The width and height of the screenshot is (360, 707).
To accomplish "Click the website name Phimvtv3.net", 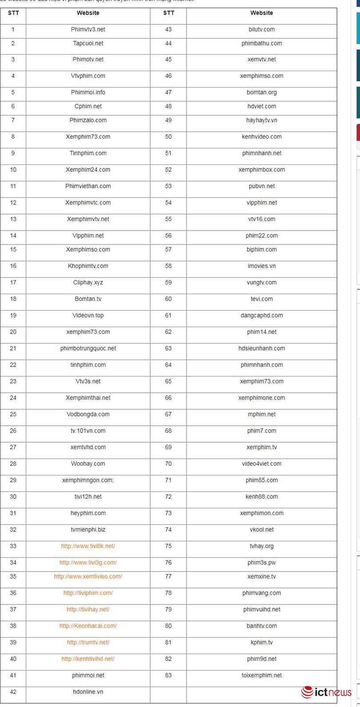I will (88, 29).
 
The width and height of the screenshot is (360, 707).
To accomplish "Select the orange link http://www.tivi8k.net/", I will (88, 546).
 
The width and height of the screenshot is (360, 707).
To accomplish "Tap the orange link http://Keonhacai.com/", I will (88, 626).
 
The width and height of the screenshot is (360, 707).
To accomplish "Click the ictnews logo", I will (326, 692).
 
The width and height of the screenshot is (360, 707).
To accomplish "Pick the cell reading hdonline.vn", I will (88, 692).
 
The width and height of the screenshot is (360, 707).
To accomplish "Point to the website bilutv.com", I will (261, 29).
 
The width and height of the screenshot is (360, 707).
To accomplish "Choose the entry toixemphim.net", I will (261, 675).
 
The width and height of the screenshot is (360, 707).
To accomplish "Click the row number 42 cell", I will (13, 692).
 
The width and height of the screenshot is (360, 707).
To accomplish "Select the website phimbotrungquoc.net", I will (88, 348).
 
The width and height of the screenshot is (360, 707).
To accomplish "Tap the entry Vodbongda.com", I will (88, 414).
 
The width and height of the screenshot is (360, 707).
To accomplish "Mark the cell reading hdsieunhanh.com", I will (261, 348).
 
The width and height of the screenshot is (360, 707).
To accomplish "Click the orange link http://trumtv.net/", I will (88, 642).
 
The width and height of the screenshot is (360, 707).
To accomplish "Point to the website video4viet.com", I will (261, 463).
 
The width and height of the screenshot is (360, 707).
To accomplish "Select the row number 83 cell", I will (168, 675).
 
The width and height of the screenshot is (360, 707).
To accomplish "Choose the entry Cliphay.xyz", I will (88, 282).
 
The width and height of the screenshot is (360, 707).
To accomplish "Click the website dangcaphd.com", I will (261, 316).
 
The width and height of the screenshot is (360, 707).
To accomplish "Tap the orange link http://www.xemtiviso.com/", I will (88, 576).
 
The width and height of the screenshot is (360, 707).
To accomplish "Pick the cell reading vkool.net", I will (261, 530).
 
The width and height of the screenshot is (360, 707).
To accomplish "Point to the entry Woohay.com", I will (88, 463).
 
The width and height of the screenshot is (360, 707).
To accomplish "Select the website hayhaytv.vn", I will (261, 120).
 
